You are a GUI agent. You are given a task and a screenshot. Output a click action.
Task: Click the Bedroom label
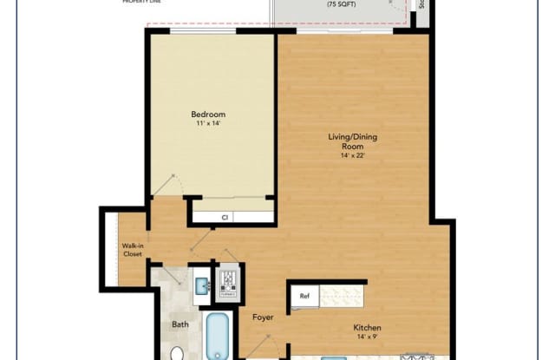(x=208, y=115)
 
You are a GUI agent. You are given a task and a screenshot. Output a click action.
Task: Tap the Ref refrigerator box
(x=305, y=296)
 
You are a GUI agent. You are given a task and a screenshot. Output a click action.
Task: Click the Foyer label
(x=263, y=317)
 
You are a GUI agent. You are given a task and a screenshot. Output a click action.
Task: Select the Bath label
(x=180, y=324)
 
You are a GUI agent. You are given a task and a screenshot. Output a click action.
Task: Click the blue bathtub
(x=218, y=337)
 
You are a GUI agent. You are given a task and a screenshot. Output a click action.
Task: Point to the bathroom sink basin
(x=199, y=285)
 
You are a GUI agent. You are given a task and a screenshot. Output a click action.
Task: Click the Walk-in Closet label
(x=132, y=250)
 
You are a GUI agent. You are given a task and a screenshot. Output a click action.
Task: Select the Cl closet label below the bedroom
(x=225, y=218)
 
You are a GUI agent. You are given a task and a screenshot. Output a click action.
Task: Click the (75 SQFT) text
(x=339, y=5)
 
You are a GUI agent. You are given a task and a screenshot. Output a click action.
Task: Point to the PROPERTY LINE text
(x=144, y=3)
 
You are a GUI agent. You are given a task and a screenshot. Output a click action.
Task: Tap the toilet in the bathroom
(x=177, y=353)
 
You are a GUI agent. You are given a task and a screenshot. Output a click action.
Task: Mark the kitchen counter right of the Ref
(x=343, y=296)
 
